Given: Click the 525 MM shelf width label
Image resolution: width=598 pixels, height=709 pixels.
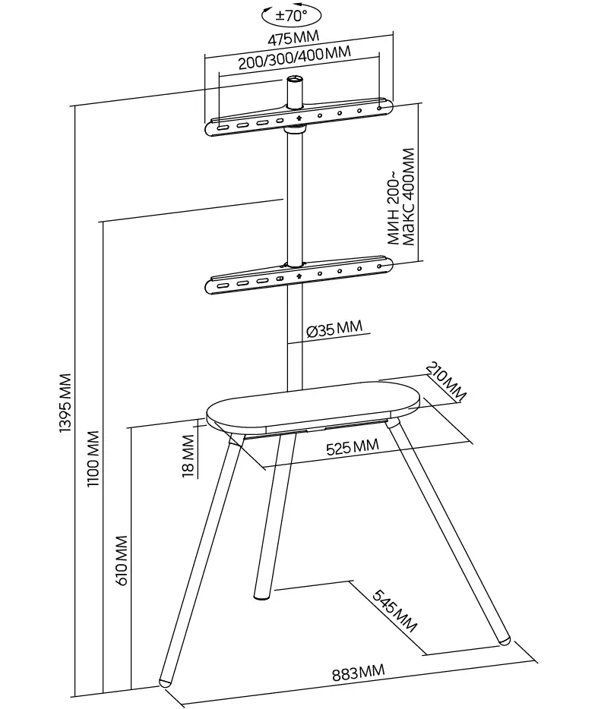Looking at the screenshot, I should [349, 447].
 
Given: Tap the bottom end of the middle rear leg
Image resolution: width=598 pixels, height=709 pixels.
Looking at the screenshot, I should [259, 594].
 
